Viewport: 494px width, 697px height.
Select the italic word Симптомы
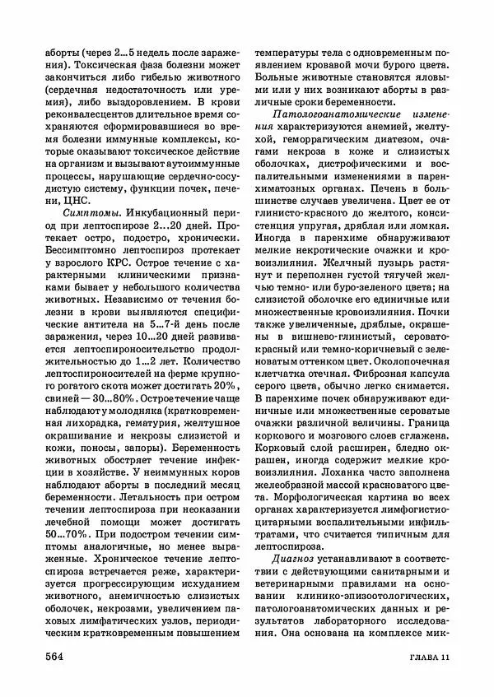pos(85,213)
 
